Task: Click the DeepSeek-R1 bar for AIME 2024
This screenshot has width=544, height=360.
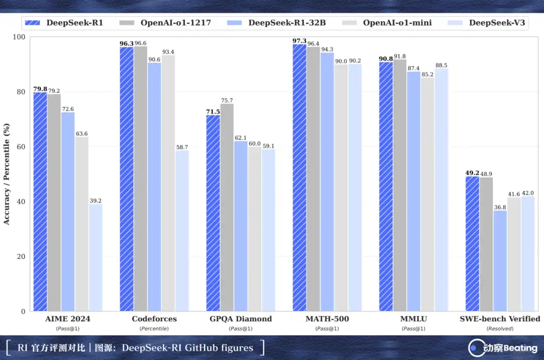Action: pyautogui.click(x=40, y=201)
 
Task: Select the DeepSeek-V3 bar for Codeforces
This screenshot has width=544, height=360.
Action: pyautogui.click(x=182, y=231)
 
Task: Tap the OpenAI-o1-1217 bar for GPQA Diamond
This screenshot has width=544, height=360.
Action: pyautogui.click(x=227, y=207)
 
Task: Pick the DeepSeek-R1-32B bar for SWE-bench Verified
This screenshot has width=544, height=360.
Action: pyautogui.click(x=500, y=261)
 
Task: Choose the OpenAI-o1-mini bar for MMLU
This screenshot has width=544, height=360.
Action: pyautogui.click(x=428, y=194)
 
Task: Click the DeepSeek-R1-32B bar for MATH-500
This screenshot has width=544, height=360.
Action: pyautogui.click(x=327, y=182)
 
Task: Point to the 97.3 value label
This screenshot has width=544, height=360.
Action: pyautogui.click(x=299, y=41)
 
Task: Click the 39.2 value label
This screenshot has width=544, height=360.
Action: pyautogui.click(x=95, y=201)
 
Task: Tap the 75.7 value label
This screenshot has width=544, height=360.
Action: pyautogui.click(x=227, y=101)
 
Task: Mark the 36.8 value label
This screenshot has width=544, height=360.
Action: pyautogui.click(x=500, y=207)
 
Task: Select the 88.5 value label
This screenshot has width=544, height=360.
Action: pyautogui.click(x=441, y=65)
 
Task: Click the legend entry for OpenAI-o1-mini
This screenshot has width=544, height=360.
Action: pyautogui.click(x=387, y=23)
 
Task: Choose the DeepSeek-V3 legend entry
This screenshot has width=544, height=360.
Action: pyautogui.click(x=486, y=23)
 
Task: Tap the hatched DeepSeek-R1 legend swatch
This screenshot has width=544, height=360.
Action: pyautogui.click(x=33, y=23)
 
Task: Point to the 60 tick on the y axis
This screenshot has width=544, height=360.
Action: pyautogui.click(x=21, y=147)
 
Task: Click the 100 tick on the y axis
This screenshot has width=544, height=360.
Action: pyautogui.click(x=19, y=37)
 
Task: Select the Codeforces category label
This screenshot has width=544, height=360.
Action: pyautogui.click(x=155, y=319)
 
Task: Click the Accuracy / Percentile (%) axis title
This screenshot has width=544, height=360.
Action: pyautogui.click(x=7, y=174)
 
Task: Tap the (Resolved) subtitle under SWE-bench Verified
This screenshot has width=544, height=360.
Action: pyautogui.click(x=500, y=328)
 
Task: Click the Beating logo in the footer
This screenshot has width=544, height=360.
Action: pyautogui.click(x=503, y=348)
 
